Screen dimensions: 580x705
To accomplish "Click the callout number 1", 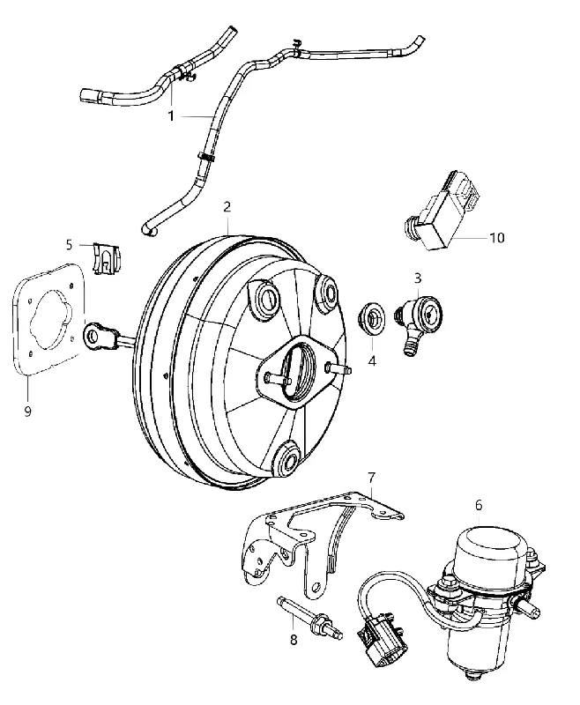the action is (171, 116).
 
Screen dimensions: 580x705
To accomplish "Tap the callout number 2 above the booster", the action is (227, 207).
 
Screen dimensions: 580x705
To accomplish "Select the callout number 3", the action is (418, 278).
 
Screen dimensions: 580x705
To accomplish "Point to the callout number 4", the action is (372, 360).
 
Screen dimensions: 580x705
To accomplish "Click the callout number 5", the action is (69, 245).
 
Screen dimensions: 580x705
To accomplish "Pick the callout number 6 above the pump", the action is (479, 505).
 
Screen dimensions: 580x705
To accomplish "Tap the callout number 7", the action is (371, 478).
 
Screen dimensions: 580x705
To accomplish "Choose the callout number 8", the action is (294, 639).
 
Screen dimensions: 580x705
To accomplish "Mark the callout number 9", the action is (28, 411).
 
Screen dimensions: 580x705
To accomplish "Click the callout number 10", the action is (497, 237).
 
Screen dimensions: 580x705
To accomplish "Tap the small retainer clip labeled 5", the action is (107, 258).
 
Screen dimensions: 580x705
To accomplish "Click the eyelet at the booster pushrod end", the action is (94, 335).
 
